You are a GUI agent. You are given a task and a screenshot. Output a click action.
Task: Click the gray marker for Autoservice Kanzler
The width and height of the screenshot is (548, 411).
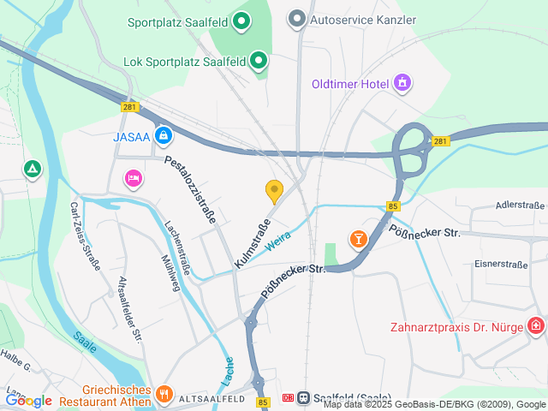pyautogui.click(x=297, y=18)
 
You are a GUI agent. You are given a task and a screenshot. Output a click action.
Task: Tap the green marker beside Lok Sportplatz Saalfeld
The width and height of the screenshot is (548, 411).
pyautogui.click(x=259, y=61)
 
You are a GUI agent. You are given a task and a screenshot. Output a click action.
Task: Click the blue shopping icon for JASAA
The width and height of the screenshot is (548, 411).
pyautogui.click(x=164, y=135)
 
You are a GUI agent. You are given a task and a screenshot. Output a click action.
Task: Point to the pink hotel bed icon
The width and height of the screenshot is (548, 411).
pyautogui.click(x=133, y=178)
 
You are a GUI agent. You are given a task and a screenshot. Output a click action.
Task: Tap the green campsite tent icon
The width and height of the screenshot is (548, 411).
pyautogui.click(x=33, y=170)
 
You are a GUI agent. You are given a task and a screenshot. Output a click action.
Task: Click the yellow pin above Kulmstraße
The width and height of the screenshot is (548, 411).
pyautogui.click(x=274, y=191)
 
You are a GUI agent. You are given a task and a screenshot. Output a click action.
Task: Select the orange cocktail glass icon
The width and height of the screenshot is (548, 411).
pyautogui.click(x=358, y=239)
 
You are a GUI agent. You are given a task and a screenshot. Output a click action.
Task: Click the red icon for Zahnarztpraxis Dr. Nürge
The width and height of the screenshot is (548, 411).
pyautogui.click(x=536, y=326)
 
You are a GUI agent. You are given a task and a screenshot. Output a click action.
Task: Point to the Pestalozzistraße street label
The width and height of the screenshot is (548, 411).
pyautogui.click(x=190, y=189)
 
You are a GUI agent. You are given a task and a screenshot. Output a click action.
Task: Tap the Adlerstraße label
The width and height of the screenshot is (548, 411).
pyautogui.click(x=520, y=205)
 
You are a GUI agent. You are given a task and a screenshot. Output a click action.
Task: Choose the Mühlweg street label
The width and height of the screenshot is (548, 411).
pyautogui.click(x=170, y=273)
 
